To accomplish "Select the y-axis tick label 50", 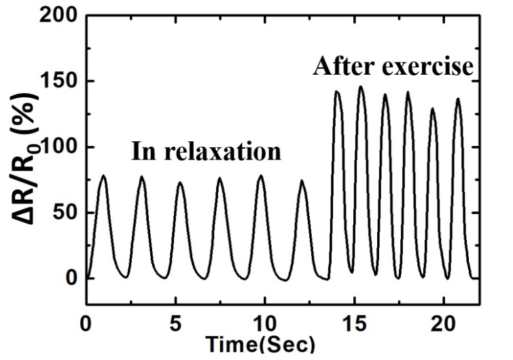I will tap(66, 213).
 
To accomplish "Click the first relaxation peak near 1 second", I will tap(103, 176).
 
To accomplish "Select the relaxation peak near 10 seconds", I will tap(262, 176).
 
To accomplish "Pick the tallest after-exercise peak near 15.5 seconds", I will tap(361, 87).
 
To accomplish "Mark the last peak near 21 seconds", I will tap(458, 99).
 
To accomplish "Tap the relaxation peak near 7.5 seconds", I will tap(220, 179).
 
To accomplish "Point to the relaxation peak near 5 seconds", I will tap(180, 183).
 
